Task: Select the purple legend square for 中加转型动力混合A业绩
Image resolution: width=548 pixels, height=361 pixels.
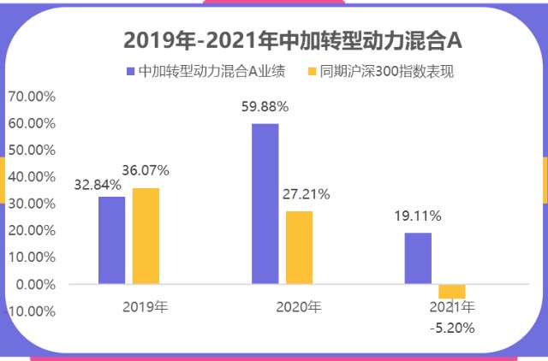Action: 130,72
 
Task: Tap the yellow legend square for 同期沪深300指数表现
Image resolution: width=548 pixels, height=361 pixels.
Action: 312,72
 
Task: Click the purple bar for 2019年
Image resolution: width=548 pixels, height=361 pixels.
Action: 111,240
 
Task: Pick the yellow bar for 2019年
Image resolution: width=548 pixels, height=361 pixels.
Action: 146,235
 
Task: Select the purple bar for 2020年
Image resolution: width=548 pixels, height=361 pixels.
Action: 265,204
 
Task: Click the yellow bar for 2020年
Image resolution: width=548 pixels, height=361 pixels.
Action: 299,246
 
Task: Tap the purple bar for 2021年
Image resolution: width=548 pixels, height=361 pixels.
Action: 418,257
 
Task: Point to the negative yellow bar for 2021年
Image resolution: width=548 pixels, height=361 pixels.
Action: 451,291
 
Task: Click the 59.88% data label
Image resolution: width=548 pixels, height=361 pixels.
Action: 265,107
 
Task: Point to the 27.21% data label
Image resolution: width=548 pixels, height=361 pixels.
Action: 307,194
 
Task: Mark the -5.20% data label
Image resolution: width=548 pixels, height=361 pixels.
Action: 451,327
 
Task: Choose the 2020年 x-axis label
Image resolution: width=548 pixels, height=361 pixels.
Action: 299,306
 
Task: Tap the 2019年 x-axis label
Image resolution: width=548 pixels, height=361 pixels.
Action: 146,306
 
